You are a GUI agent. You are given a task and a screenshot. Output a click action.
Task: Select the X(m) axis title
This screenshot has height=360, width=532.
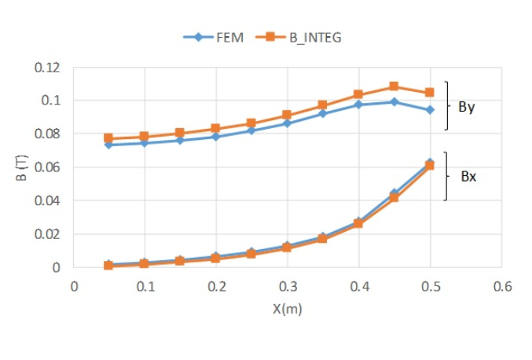click(x=288, y=309)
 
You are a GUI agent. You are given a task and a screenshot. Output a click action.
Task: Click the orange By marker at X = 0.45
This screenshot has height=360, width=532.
click(x=394, y=86)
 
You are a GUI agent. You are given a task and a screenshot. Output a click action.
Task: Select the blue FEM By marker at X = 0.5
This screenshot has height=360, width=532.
click(x=430, y=110)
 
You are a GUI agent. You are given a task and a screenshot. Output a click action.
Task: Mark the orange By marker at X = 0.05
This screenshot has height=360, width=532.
click(x=108, y=138)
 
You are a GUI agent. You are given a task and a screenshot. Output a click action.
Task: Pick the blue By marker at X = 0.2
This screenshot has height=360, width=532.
click(x=215, y=137)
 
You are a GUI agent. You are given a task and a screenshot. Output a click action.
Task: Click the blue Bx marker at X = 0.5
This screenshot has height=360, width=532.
click(x=430, y=163)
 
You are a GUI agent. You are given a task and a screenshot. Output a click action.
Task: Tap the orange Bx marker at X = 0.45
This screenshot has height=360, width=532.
click(x=394, y=197)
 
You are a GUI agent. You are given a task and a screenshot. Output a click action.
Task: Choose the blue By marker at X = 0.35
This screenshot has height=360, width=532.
click(x=322, y=114)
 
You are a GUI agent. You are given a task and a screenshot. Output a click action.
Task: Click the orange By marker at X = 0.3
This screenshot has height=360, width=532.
click(x=287, y=116)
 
